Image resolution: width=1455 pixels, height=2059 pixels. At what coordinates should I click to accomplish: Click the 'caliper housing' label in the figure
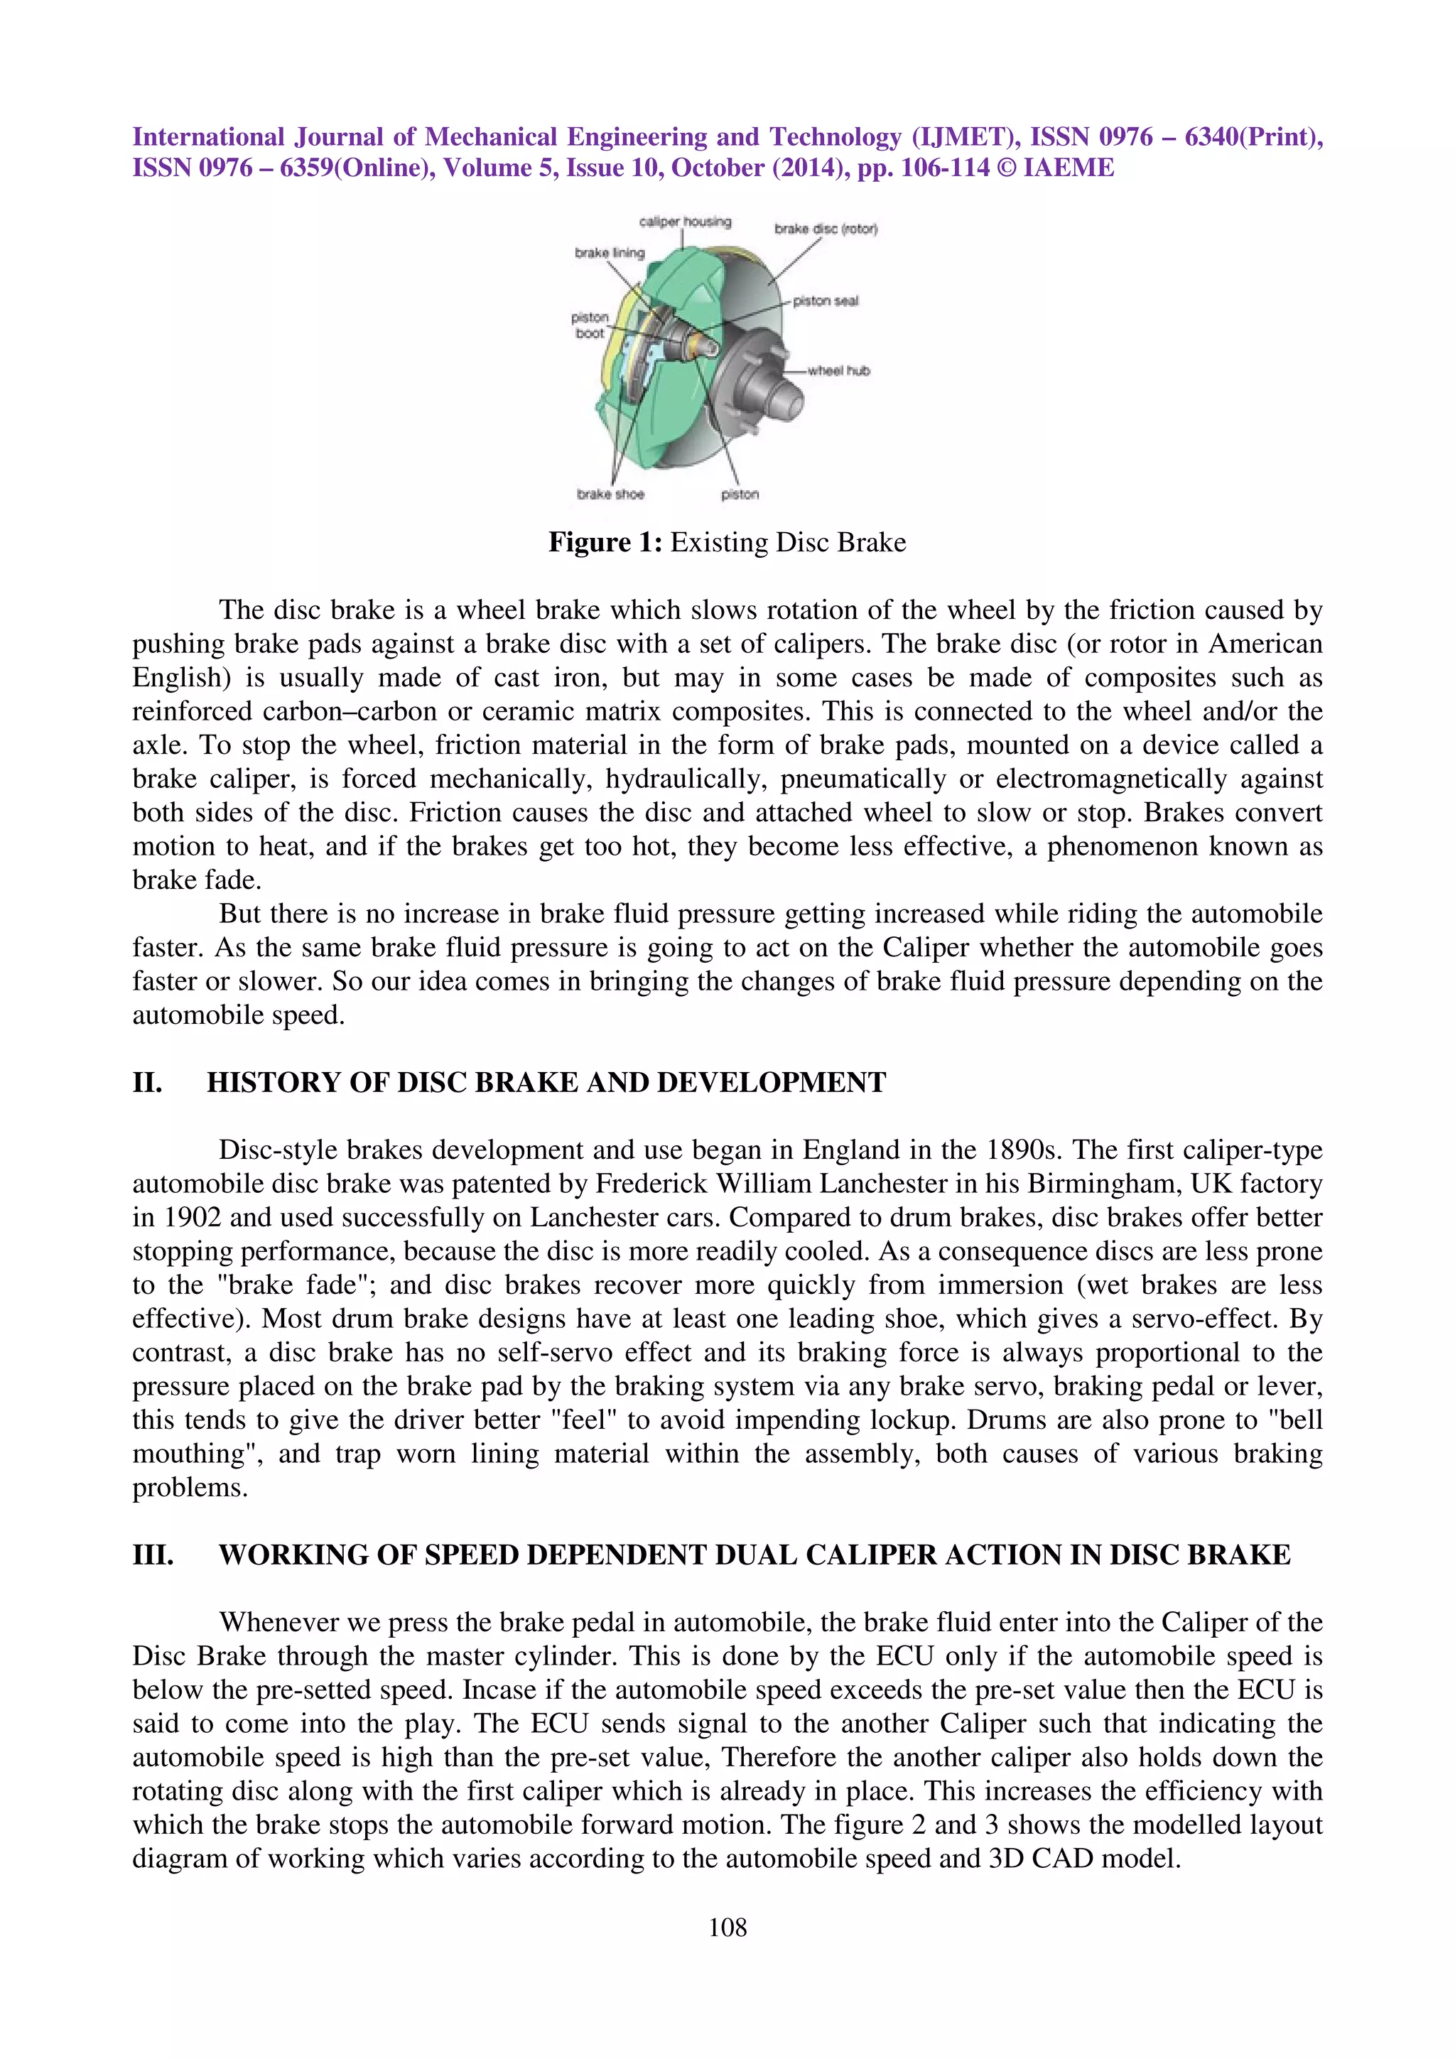coord(685,222)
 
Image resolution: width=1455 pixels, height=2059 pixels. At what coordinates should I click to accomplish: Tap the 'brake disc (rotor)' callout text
coord(826,229)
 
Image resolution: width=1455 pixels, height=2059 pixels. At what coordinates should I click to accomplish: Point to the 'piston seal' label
coord(826,301)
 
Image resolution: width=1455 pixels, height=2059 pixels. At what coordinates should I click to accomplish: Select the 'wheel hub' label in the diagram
coord(838,370)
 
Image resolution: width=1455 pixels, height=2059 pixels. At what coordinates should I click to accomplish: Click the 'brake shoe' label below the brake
coord(610,494)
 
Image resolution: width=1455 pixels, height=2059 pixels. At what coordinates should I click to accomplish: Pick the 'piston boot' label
coord(589,325)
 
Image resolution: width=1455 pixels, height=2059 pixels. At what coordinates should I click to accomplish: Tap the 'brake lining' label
coord(610,253)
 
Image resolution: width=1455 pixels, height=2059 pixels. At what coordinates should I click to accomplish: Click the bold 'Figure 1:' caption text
coord(605,543)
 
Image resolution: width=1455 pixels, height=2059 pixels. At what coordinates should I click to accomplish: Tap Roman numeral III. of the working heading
coord(153,1555)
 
